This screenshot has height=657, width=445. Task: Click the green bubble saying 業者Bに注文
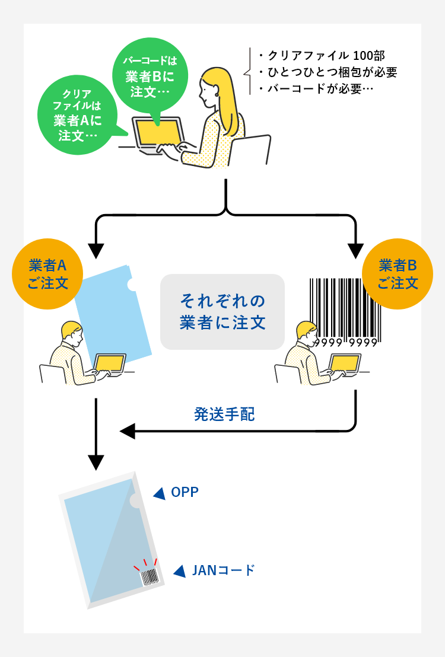[150, 75]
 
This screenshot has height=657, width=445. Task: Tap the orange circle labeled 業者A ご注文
[47, 274]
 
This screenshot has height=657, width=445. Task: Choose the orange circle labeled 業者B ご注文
[398, 274]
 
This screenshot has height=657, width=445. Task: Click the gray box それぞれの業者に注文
[223, 311]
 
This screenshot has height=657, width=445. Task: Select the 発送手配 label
[224, 414]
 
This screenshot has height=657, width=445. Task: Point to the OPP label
[185, 492]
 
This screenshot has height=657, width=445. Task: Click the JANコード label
[223, 570]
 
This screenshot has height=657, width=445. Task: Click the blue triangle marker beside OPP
[158, 493]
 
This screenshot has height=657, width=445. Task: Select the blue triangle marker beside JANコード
[179, 571]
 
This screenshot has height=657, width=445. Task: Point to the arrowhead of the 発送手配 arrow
[128, 430]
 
